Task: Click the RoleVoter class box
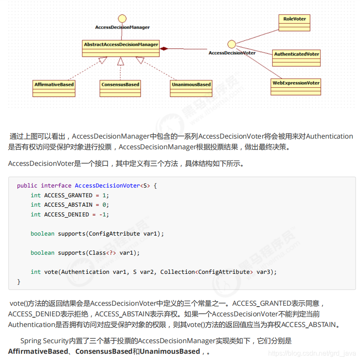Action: (x=294, y=21)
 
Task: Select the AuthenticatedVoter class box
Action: (x=297, y=57)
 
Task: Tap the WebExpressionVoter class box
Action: (x=296, y=85)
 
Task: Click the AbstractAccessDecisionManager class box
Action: (x=121, y=47)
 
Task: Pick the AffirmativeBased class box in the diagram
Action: (x=54, y=87)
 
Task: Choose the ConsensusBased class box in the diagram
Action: (x=120, y=87)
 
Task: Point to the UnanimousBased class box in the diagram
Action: (x=191, y=87)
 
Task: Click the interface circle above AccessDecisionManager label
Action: (x=122, y=18)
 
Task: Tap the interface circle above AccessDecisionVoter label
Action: (x=231, y=44)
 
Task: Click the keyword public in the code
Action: (x=27, y=186)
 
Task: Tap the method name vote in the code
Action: (x=51, y=272)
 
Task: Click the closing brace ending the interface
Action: (x=19, y=281)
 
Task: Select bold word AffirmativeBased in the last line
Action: (x=37, y=351)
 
